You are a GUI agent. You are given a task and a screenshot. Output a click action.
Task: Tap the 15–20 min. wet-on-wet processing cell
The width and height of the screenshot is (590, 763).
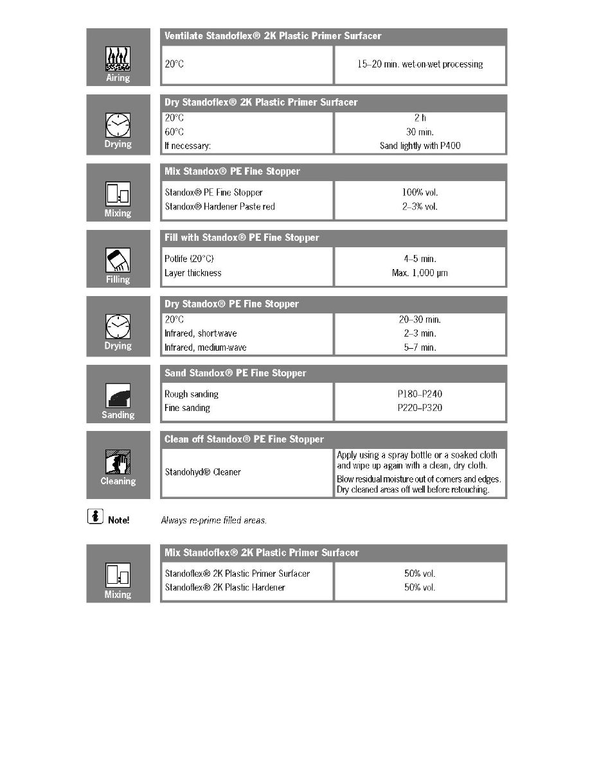[420, 64]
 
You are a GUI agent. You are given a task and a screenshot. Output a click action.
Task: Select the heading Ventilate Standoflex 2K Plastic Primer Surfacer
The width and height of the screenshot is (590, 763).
[273, 36]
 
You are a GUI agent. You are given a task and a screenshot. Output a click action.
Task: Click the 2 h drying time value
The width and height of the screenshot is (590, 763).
[420, 118]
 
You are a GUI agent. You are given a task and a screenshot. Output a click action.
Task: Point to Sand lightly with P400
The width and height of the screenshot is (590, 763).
[420, 146]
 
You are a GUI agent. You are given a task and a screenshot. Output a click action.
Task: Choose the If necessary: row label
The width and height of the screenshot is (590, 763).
[188, 146]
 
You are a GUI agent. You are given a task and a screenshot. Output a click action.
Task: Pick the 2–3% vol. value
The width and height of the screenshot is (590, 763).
[420, 206]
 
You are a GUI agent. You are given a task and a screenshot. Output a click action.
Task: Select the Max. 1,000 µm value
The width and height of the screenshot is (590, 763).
[420, 273]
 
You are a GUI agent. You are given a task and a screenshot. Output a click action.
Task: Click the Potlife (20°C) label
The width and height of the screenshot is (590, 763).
[190, 259]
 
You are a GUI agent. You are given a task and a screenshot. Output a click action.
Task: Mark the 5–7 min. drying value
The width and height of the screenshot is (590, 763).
[420, 347]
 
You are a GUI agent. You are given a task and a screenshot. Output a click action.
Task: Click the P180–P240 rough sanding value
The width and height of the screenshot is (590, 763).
[420, 394]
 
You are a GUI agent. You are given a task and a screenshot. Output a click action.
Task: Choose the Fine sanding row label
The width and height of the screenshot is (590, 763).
[187, 408]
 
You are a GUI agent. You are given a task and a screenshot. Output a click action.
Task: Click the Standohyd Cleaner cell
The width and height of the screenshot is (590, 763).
[202, 472]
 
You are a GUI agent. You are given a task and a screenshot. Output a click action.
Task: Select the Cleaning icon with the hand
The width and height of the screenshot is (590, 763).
[118, 462]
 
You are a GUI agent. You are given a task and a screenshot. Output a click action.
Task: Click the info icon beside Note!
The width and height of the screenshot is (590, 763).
[94, 518]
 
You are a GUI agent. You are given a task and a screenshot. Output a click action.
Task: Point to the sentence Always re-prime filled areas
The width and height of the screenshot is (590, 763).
[213, 520]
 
